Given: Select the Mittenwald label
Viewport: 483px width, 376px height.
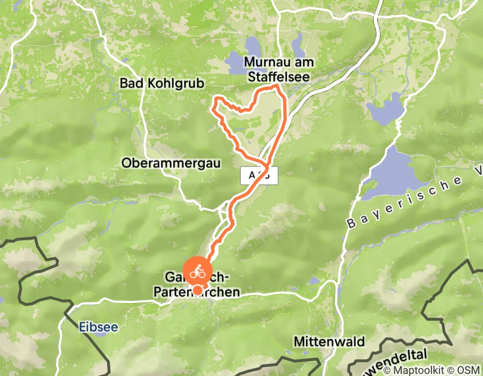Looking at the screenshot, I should pyautogui.click(x=329, y=342).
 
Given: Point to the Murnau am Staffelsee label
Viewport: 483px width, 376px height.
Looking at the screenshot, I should pyautogui.click(x=279, y=69).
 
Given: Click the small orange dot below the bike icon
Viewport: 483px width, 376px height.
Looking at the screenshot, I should pyautogui.click(x=198, y=291).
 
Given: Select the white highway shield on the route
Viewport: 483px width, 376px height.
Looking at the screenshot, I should pyautogui.click(x=259, y=176).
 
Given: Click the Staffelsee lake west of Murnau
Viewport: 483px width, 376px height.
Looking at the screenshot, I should pyautogui.click(x=237, y=63).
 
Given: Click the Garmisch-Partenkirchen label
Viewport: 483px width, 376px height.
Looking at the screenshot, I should pyautogui.click(x=196, y=285).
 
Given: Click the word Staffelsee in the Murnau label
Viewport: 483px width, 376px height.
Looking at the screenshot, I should pyautogui.click(x=279, y=77).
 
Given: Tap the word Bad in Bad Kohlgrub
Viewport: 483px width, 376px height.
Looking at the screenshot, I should pyautogui.click(x=129, y=83).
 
